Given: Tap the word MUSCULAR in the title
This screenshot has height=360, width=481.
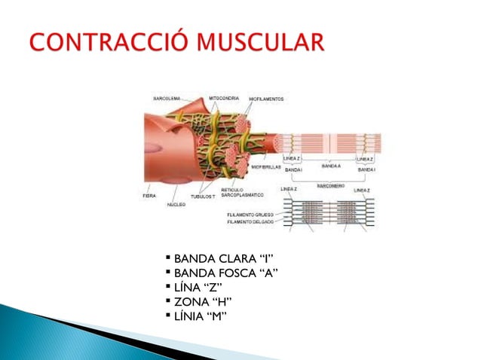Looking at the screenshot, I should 256,41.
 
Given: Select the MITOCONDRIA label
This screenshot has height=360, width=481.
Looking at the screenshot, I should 225,98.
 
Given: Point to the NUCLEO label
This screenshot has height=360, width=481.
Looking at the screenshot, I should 178,204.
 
